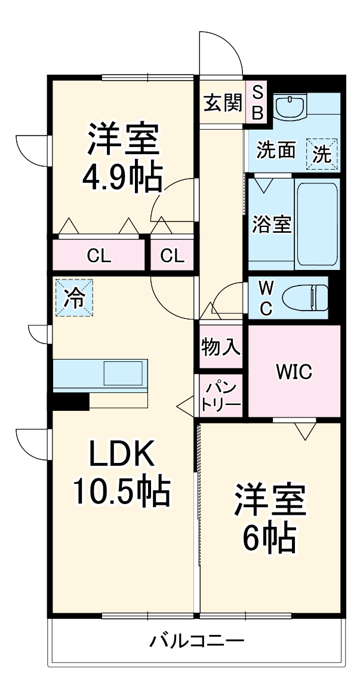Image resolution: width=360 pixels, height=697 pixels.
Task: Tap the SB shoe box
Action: pyautogui.click(x=257, y=103)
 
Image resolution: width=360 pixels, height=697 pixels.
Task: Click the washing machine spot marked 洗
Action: pyautogui.click(x=322, y=154)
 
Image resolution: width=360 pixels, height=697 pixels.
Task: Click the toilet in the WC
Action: pyautogui.click(x=305, y=297)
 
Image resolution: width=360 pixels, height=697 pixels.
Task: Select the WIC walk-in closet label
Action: pyautogui.click(x=293, y=372)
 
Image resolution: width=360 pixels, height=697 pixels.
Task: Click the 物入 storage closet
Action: pyautogui.click(x=220, y=347)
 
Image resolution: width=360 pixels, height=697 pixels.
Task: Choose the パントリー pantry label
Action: pyautogui.click(x=220, y=397)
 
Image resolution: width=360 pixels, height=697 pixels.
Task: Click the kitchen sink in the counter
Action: pyautogui.click(x=124, y=374)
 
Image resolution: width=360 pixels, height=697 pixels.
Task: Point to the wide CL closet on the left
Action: pyautogui.click(x=99, y=256)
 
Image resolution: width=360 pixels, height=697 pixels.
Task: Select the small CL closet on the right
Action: pyautogui.click(x=173, y=256)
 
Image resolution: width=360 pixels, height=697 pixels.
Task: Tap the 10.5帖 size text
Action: pyautogui.click(x=122, y=491)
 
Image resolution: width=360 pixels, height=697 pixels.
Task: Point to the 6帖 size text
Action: pyautogui.click(x=269, y=538)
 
